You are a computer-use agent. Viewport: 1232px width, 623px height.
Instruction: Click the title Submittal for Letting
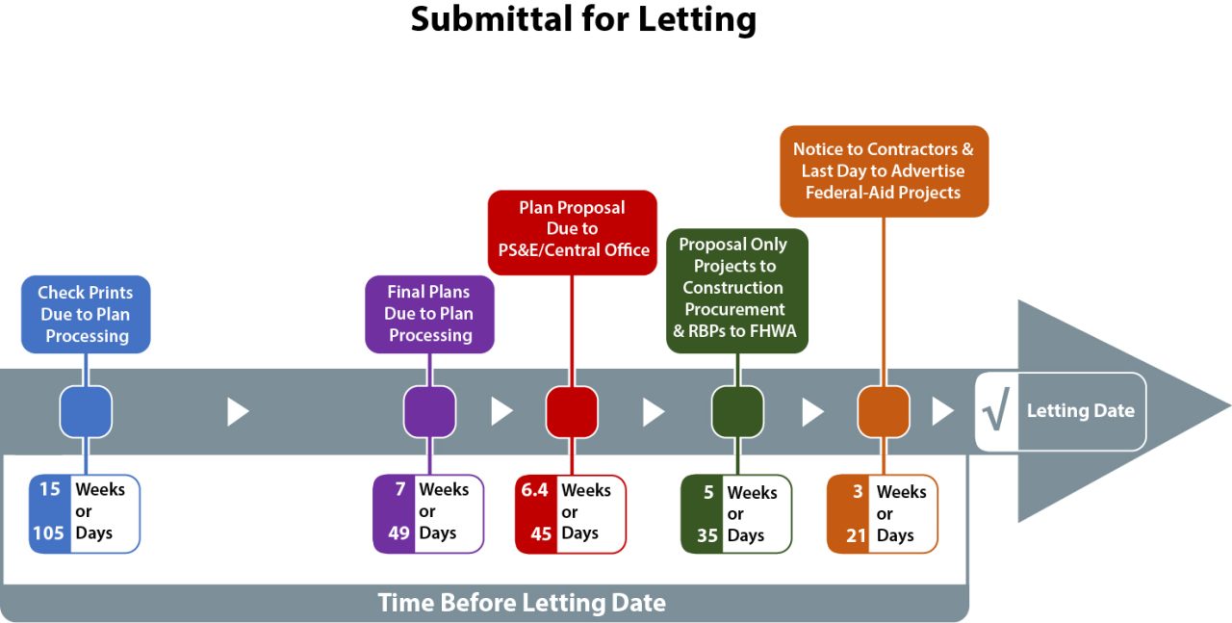583,19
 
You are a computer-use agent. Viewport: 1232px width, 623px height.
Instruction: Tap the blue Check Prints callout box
86,314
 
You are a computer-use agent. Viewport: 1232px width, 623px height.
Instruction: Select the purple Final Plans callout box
429,314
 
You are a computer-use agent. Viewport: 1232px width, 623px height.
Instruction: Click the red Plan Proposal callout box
572,229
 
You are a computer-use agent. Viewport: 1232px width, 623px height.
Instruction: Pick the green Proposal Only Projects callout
736,288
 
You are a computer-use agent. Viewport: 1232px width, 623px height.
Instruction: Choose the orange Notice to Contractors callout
883,170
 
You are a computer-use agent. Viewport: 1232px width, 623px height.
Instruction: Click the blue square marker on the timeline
86,412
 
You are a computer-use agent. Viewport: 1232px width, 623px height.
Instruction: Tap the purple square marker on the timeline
429,412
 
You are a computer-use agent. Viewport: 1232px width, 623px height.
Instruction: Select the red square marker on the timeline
572,412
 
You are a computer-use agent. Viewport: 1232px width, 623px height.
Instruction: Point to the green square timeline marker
737,412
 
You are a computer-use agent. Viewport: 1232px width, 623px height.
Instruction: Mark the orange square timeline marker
884,412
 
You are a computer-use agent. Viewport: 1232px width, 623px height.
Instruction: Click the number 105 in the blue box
49,532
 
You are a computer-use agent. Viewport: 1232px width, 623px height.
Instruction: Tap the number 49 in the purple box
398,532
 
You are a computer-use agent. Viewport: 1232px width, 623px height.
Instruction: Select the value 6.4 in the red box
534,490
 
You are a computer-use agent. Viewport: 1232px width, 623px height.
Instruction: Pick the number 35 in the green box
707,535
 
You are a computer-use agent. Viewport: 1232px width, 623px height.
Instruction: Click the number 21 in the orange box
857,535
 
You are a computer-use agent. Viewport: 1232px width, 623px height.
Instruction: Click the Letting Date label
1080,411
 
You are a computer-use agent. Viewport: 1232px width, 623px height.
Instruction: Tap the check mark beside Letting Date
995,412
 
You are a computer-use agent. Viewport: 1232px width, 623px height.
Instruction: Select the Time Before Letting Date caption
521,604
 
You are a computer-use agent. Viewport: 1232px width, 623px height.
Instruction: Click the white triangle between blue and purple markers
237,412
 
